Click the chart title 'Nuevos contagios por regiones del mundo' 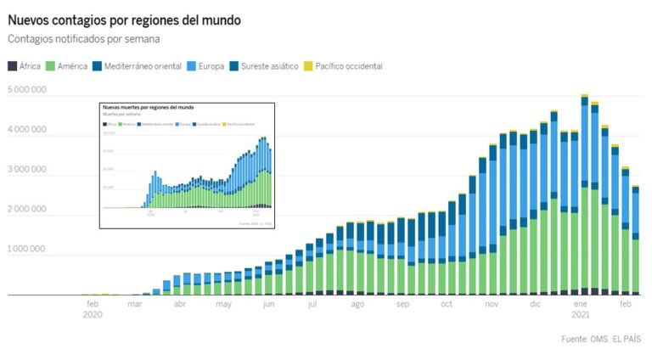point(124,19)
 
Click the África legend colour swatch point(11,66)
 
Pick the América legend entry point(67,66)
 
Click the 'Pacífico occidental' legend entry point(343,66)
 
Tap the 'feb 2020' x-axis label point(93,308)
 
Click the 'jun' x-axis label point(269,303)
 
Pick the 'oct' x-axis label point(447,303)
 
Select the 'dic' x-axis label point(535,303)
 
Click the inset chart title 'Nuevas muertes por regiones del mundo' point(148,109)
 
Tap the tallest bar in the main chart point(585,195)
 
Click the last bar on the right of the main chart point(635,242)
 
